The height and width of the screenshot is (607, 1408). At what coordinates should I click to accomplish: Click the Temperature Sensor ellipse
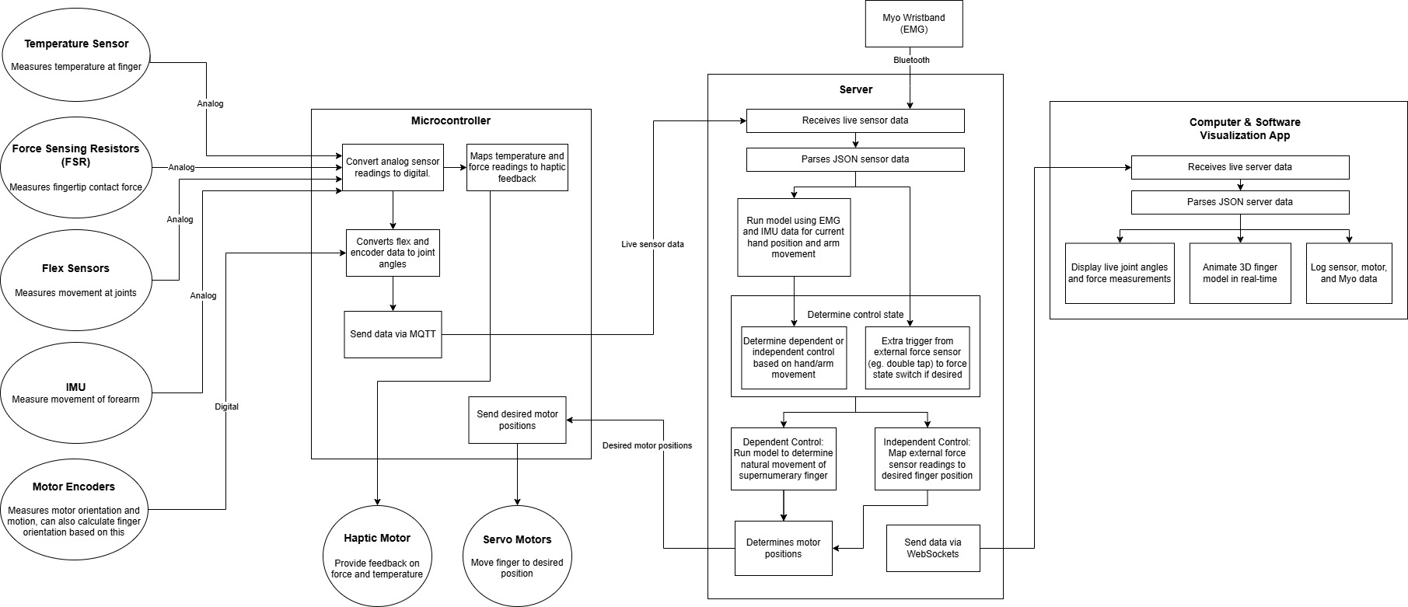tap(76, 54)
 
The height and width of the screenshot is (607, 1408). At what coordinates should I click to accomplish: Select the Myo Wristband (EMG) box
tap(914, 23)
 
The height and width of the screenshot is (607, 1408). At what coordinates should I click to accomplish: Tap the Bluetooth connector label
tap(910, 60)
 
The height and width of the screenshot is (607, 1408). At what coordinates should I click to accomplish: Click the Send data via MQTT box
tap(393, 334)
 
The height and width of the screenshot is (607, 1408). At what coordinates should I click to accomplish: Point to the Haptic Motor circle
tap(377, 556)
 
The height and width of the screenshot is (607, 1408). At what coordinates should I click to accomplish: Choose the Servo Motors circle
tap(517, 556)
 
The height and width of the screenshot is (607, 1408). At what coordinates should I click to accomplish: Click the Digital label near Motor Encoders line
tap(226, 406)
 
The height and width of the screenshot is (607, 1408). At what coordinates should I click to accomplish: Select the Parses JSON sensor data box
tap(855, 159)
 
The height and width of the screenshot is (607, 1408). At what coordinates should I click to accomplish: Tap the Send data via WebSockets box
tap(932, 548)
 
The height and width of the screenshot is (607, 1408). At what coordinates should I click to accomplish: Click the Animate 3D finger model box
tap(1239, 273)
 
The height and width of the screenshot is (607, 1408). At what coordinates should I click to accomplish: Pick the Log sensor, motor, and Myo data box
tap(1348, 273)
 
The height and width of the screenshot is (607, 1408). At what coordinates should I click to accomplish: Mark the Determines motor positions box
tap(783, 548)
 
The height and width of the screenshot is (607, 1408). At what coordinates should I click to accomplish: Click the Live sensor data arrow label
tap(652, 244)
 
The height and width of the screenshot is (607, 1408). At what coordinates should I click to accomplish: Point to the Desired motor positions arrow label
tap(647, 445)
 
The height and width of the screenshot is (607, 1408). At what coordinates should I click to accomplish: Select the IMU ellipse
tap(76, 392)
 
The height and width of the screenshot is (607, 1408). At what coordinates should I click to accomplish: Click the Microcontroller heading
tap(450, 120)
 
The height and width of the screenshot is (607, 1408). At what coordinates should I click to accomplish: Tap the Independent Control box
tap(927, 459)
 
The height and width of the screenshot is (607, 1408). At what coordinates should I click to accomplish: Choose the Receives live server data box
tap(1239, 167)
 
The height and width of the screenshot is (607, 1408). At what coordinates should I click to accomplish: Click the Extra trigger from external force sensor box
tap(917, 358)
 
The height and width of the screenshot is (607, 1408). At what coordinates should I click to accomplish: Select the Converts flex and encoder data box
tap(393, 253)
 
